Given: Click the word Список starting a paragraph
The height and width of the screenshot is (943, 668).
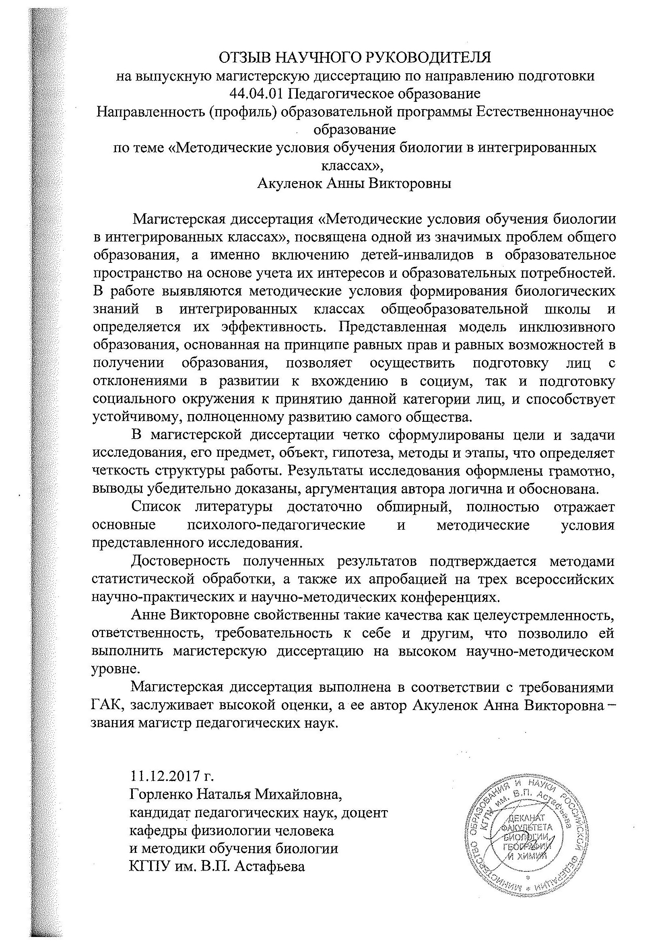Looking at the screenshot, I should click(x=156, y=507).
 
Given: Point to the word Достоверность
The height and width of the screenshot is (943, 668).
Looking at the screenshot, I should click(x=180, y=561).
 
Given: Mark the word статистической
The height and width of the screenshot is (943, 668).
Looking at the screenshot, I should click(x=142, y=579).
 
